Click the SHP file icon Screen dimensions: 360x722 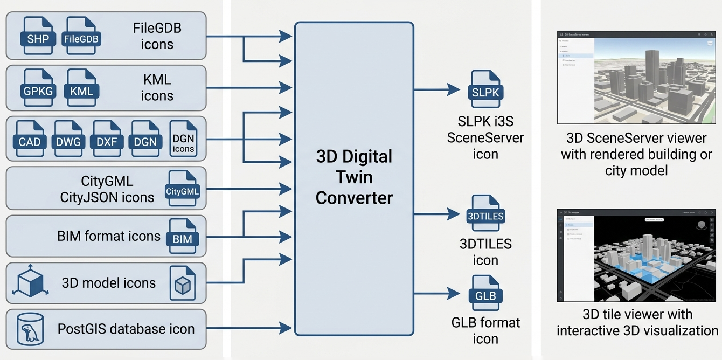click(38, 36)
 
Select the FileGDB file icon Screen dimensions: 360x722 click(82, 36)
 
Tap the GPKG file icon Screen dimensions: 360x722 click(38, 88)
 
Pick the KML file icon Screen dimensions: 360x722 click(82, 88)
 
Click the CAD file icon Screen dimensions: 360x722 click(30, 139)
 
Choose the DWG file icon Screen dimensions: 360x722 click(68, 139)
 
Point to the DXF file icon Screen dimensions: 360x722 click(107, 139)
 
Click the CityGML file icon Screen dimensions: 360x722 click(183, 189)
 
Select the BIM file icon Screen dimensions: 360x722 click(183, 236)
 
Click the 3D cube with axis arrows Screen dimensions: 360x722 click(30, 282)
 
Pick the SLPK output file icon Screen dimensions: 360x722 click(485, 89)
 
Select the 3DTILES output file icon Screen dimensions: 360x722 click(485, 213)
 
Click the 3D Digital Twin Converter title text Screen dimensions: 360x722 click(354, 177)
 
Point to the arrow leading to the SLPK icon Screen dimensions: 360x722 click(436, 88)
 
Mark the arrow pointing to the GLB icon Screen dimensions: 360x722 click(436, 294)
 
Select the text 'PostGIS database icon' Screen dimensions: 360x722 click(126, 329)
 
